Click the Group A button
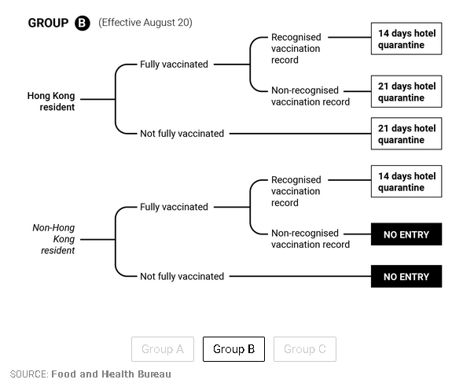[163, 349]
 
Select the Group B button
[233, 349]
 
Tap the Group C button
[305, 349]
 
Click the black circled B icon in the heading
[82, 23]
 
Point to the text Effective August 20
[145, 23]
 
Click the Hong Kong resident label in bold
[51, 101]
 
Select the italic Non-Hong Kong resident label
[53, 239]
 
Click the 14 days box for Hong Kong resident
[406, 39]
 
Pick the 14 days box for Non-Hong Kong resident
[406, 182]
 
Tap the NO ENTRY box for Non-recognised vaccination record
[406, 234]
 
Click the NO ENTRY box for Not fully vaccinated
[406, 277]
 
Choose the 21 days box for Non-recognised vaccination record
[406, 91]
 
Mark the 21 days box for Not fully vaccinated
[406, 134]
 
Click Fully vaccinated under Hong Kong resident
[174, 64]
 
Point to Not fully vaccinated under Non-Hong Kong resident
[182, 276]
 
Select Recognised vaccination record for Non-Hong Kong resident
[296, 191]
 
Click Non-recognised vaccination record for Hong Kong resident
[311, 96]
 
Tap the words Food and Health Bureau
[111, 374]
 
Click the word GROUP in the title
[48, 23]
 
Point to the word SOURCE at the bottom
[29, 374]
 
